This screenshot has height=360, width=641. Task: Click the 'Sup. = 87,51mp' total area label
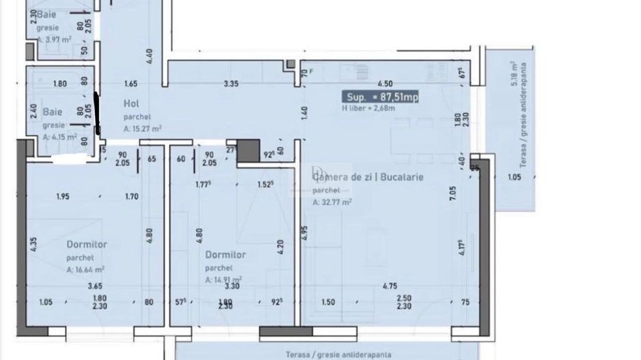381,98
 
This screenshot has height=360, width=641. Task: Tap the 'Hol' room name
131,103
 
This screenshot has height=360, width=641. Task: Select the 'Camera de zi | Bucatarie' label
368,177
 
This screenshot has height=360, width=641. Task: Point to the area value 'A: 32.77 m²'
333,202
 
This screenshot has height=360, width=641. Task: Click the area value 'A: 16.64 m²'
85,270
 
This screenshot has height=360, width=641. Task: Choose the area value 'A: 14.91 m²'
223,279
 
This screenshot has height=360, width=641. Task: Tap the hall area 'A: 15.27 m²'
142,128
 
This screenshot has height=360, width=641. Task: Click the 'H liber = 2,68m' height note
368,108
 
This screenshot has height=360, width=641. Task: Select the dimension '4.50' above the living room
385,84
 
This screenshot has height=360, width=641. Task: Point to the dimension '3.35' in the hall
231,84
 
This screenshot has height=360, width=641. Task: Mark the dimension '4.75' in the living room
391,286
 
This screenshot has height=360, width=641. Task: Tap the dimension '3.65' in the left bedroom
95,287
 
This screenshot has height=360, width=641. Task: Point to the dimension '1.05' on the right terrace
515,178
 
